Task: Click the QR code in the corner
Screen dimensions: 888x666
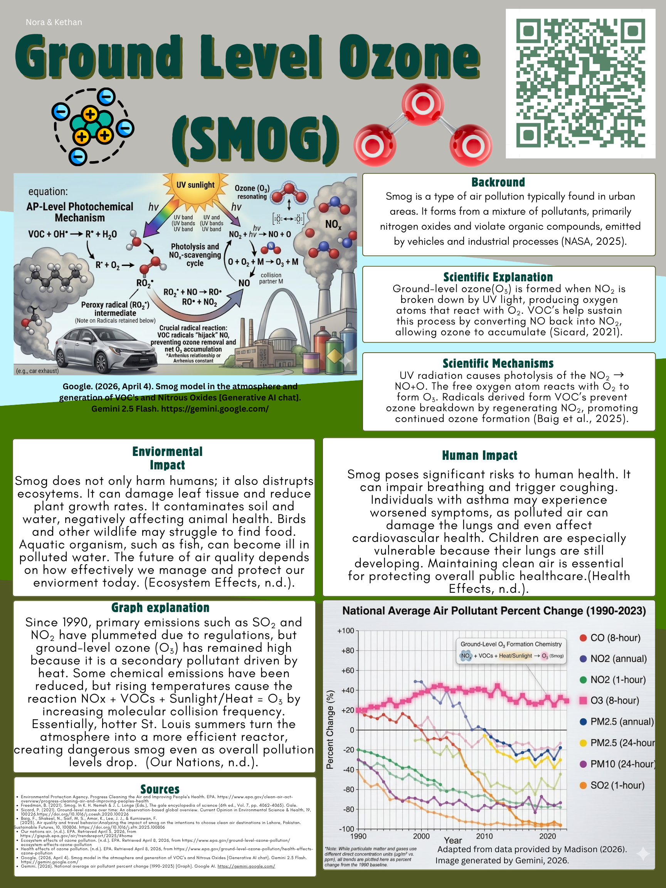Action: coord(580,84)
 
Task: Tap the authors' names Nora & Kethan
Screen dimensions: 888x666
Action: coord(54,22)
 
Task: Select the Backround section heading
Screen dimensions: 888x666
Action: coord(498,182)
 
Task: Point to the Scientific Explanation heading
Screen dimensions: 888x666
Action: coord(498,277)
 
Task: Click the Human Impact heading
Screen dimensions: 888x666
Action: coord(479,455)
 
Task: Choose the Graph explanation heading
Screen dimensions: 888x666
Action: coord(160,608)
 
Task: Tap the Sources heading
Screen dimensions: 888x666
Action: coord(160,789)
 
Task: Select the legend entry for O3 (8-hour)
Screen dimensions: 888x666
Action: coord(614,701)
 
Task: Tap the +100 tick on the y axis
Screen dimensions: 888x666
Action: coord(346,631)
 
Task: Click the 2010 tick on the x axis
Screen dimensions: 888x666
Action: coord(484,836)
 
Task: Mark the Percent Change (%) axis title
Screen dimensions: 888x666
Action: coord(330,730)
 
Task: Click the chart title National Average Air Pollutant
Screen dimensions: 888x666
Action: coord(494,611)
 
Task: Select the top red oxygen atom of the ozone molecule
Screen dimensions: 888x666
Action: coord(423,104)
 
